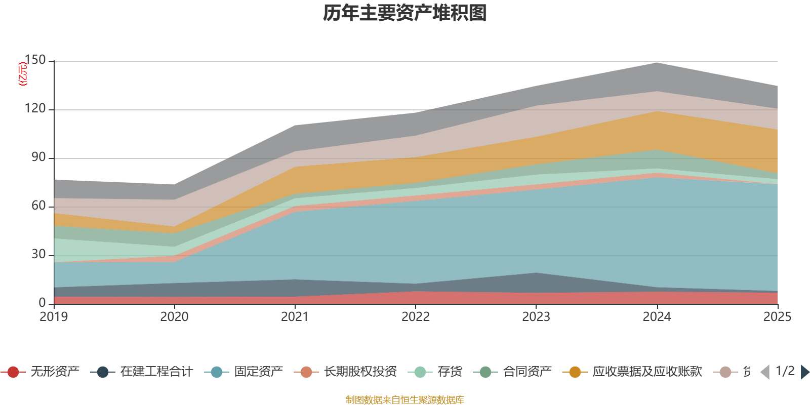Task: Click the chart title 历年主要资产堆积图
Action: pyautogui.click(x=405, y=13)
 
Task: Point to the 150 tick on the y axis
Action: pyautogui.click(x=35, y=60)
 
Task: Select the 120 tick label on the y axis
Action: pyautogui.click(x=35, y=109)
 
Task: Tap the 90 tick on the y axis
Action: pyautogui.click(x=38, y=157)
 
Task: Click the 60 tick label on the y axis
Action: pyautogui.click(x=38, y=206)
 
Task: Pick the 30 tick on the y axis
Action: pyautogui.click(x=38, y=255)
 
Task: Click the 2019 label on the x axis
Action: pyautogui.click(x=54, y=317)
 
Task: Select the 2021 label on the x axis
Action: pyautogui.click(x=295, y=317)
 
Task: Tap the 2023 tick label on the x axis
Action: pyautogui.click(x=536, y=317)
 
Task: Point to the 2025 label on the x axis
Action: pyautogui.click(x=777, y=317)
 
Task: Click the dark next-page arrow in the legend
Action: pyautogui.click(x=804, y=372)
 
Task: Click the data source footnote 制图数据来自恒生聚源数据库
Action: pyautogui.click(x=405, y=400)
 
